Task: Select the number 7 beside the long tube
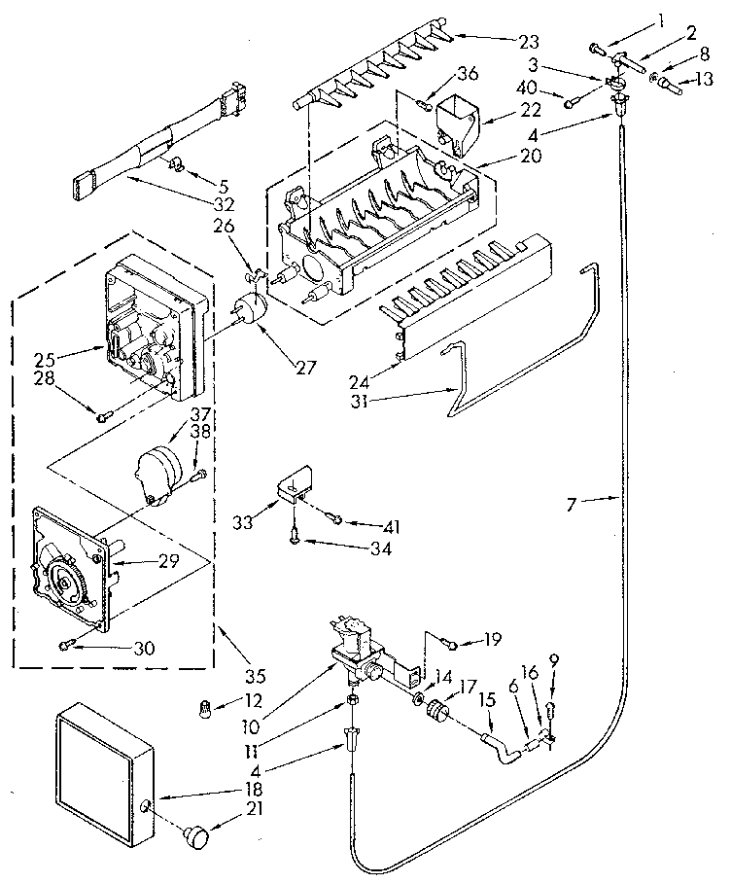[572, 504]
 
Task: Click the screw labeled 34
[295, 533]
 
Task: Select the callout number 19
[493, 641]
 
